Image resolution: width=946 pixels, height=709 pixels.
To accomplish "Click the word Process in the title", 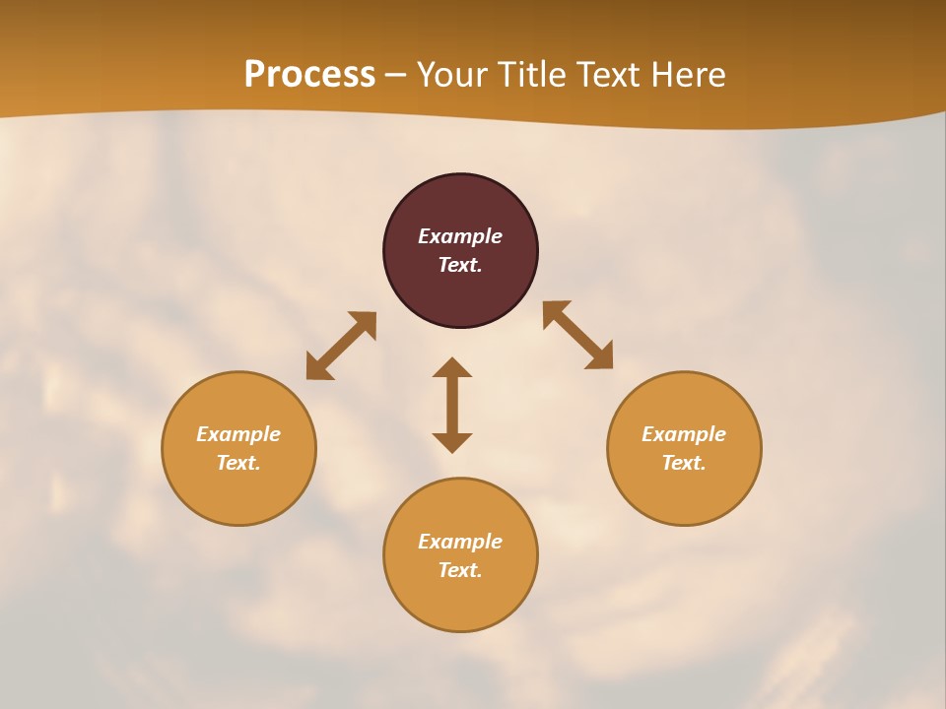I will click(x=309, y=75).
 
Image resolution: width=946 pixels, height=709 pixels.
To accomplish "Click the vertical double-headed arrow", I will click(x=452, y=405).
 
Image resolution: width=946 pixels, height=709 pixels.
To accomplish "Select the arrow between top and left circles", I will click(x=341, y=346).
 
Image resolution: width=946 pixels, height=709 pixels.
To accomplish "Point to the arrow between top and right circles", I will click(x=577, y=335).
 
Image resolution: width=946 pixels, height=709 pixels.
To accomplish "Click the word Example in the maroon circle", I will click(x=460, y=236).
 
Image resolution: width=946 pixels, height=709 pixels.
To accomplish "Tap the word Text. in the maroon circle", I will click(x=460, y=265).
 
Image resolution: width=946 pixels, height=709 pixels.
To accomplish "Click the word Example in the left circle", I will click(x=238, y=434).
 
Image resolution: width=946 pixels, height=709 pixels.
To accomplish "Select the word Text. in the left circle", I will click(x=238, y=463).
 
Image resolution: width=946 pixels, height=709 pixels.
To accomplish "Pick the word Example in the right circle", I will click(x=684, y=434).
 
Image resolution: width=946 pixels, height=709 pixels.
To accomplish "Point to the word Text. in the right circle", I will click(x=684, y=463).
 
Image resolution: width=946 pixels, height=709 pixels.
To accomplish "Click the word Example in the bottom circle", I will click(x=460, y=542).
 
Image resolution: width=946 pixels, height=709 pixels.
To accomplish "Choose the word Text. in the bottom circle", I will click(x=460, y=570).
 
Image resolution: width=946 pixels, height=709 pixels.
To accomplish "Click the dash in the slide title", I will click(x=396, y=76).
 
